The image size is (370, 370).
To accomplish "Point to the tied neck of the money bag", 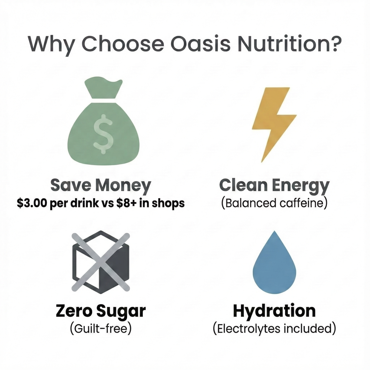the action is click(103, 100).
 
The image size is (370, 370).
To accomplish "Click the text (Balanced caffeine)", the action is click(274, 203).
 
